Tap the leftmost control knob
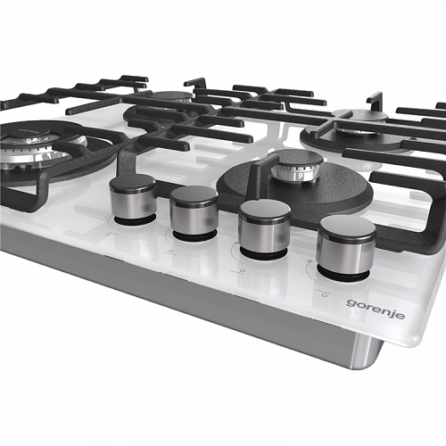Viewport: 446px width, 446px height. click(133, 197)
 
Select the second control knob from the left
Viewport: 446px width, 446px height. click(194, 211)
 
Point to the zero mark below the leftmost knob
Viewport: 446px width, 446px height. click(109, 235)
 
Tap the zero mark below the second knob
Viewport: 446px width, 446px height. click(170, 252)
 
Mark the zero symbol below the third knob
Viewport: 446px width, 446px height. click(243, 271)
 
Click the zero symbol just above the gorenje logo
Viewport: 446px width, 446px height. click(325, 295)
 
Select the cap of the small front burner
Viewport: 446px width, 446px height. click(297, 159)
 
